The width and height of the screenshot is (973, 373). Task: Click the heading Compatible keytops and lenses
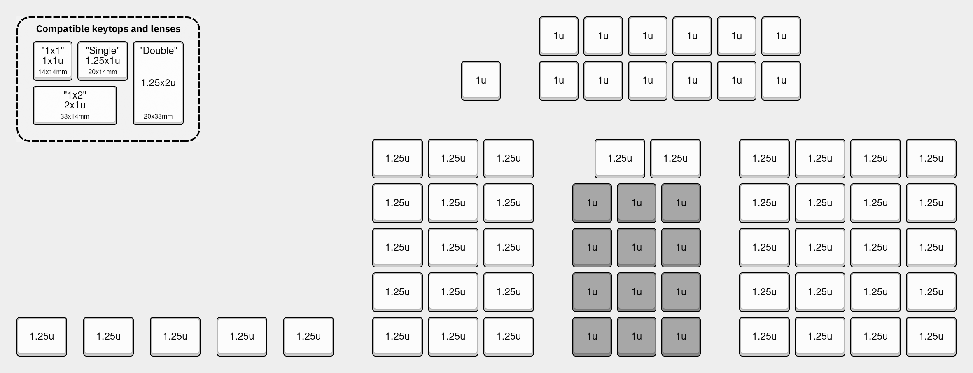(x=108, y=29)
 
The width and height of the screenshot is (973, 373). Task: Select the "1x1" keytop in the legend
(x=53, y=61)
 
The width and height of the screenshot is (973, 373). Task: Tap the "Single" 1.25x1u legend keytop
(x=103, y=61)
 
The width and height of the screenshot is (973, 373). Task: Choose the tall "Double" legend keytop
(x=158, y=83)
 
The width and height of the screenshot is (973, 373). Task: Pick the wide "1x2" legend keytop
(x=75, y=106)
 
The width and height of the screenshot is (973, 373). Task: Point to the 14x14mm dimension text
(x=53, y=72)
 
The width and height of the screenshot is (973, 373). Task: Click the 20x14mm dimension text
(x=103, y=72)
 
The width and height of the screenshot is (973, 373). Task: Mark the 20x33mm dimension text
(x=158, y=117)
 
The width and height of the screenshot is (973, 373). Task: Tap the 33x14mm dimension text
(x=75, y=117)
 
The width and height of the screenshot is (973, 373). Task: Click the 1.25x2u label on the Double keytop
(x=158, y=83)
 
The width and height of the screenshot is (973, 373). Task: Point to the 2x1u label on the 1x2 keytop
(x=75, y=105)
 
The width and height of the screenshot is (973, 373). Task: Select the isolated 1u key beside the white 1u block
(x=481, y=81)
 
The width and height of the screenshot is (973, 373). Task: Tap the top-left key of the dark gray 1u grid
(x=592, y=203)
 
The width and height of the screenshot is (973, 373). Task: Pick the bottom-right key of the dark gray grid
(x=681, y=337)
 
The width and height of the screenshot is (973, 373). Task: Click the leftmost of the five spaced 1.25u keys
(x=42, y=337)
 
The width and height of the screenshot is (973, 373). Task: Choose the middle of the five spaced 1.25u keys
(x=175, y=337)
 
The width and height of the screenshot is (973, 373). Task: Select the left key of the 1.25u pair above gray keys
(x=620, y=159)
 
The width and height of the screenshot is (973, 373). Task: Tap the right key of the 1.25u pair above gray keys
(x=676, y=159)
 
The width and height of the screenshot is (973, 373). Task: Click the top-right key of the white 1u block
(x=781, y=36)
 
